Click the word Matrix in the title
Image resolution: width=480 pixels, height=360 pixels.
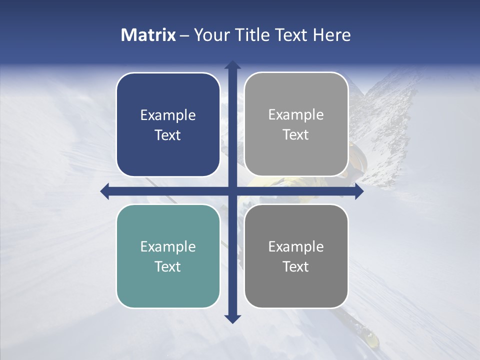tap(148, 35)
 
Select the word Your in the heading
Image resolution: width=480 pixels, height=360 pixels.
tap(209, 35)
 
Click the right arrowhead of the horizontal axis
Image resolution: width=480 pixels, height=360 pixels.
tap(359, 191)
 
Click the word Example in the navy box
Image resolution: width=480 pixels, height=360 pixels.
tap(168, 115)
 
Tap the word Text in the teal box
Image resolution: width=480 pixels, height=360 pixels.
tap(168, 266)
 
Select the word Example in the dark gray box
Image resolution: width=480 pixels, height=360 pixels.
tap(296, 246)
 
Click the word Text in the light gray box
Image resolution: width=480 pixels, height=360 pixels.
tap(296, 135)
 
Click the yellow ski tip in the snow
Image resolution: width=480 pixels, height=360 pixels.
tap(371, 339)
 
